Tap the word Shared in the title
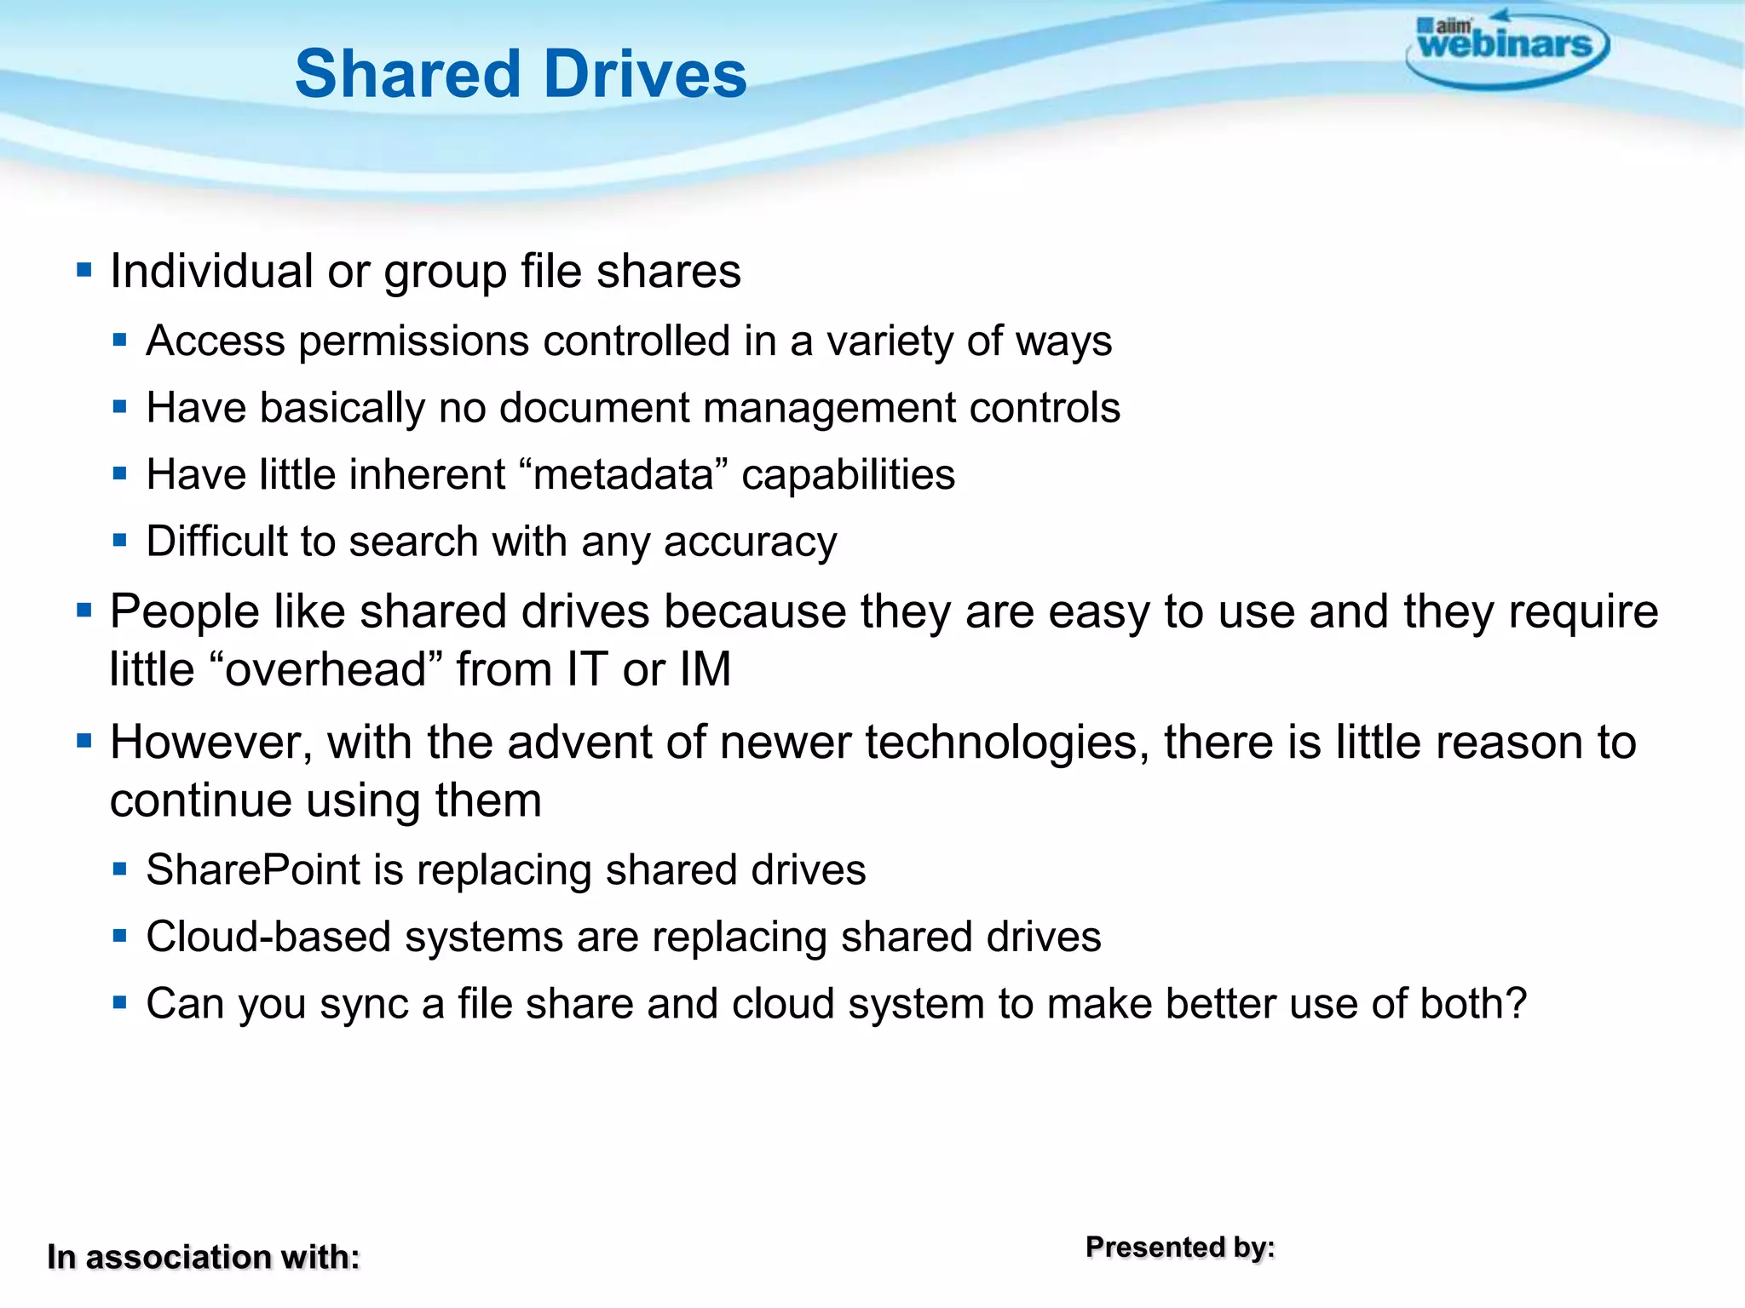coord(408,74)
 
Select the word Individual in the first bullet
coord(212,272)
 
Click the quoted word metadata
coord(623,474)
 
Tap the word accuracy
coord(750,542)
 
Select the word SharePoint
coord(253,870)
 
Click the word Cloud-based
coord(268,938)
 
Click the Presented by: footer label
coord(1180,1248)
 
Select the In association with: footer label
coord(204,1257)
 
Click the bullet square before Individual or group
coord(84,271)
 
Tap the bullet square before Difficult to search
coord(119,540)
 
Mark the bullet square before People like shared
coord(84,610)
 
